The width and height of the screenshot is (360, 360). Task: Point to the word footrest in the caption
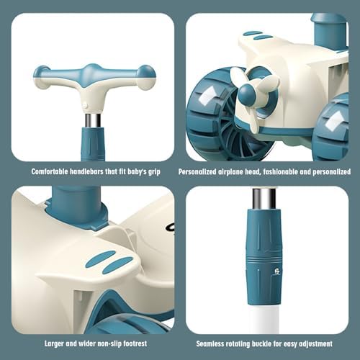tap(135, 343)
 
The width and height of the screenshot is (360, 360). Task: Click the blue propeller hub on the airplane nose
tap(247, 92)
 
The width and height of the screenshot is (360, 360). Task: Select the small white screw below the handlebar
tap(84, 105)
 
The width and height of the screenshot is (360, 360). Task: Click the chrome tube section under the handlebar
tap(93, 120)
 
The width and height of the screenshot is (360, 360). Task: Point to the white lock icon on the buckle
tap(277, 271)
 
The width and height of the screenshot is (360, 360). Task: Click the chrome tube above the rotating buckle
tap(264, 199)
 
